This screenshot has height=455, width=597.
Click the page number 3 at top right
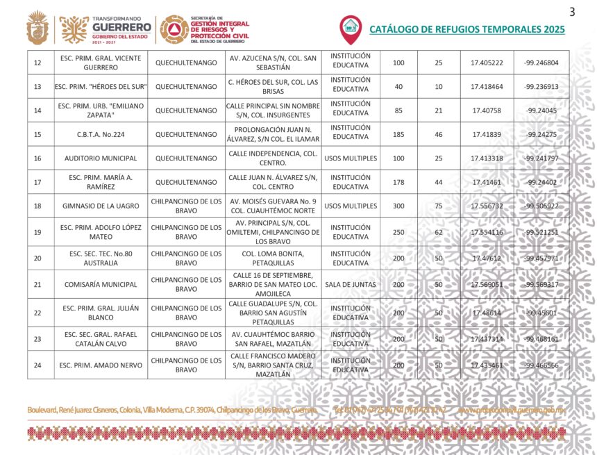click(572, 11)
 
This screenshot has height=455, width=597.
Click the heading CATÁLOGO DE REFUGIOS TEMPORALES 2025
click(466, 30)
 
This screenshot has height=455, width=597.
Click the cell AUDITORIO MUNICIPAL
click(101, 158)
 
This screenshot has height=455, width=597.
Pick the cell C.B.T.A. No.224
click(101, 135)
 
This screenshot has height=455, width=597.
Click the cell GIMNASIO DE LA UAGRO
click(101, 206)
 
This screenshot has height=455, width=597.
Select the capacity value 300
click(398, 206)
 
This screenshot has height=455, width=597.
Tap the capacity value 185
click(398, 135)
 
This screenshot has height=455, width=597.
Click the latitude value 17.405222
click(487, 63)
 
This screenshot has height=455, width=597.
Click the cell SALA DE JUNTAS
click(351, 285)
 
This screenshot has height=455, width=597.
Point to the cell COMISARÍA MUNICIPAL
click(101, 285)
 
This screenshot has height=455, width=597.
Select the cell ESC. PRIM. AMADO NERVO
click(101, 365)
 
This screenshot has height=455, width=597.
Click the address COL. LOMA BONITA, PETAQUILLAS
click(273, 258)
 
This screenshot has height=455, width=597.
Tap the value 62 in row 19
click(438, 232)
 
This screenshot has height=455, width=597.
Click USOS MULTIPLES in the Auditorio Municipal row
click(351, 158)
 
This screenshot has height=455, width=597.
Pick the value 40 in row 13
click(398, 87)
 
